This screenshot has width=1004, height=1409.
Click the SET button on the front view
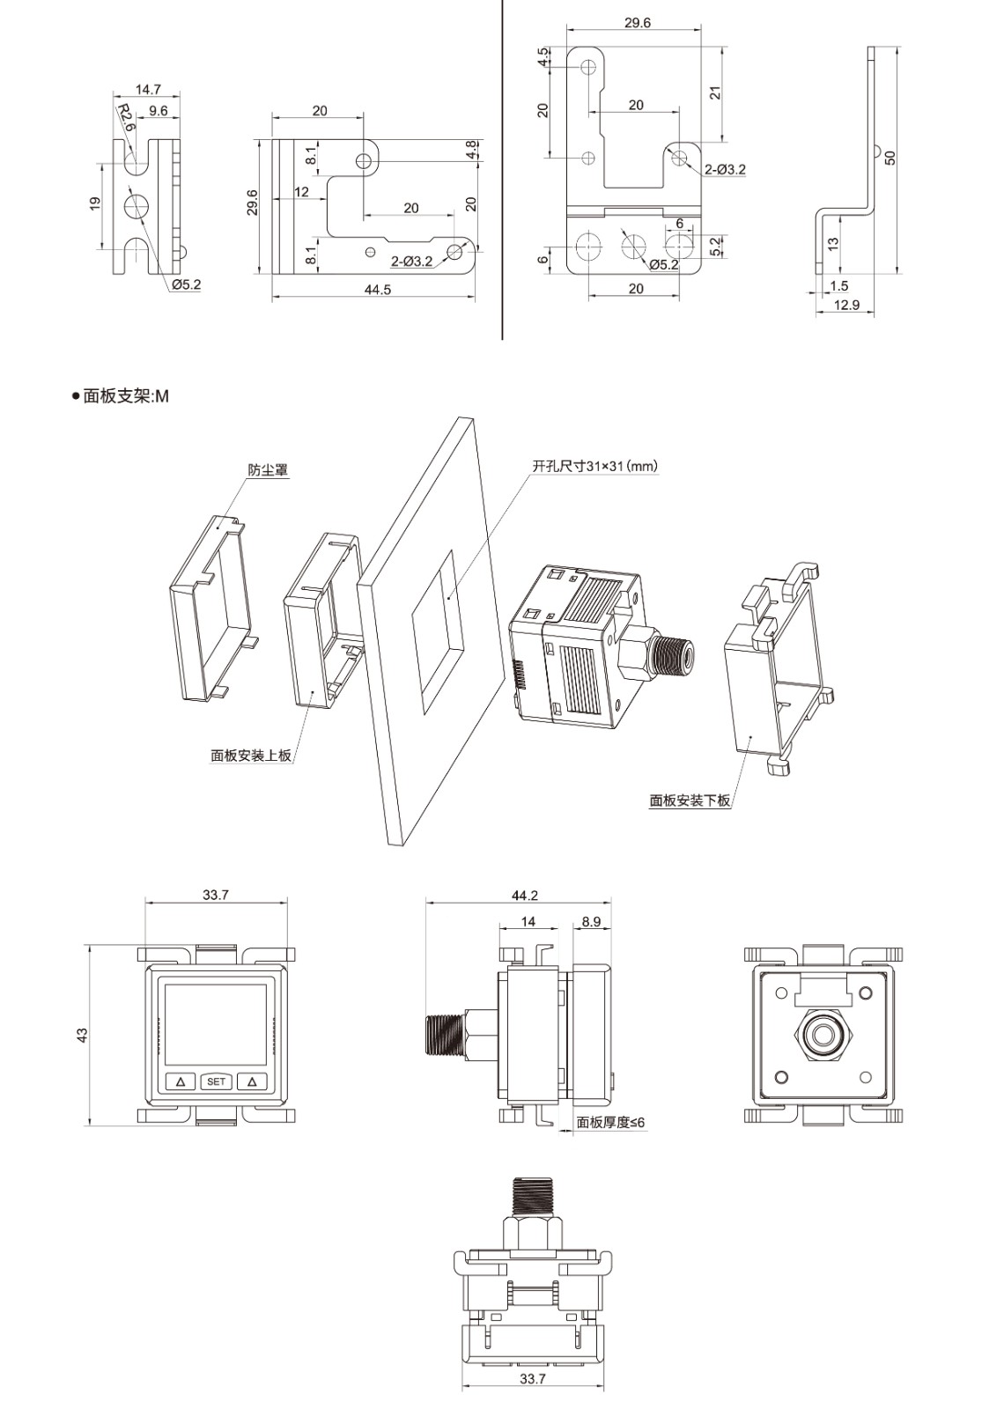(216, 1081)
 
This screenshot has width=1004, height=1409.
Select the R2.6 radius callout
(127, 117)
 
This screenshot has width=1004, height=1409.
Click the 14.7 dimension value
(148, 89)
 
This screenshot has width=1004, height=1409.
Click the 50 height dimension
(890, 158)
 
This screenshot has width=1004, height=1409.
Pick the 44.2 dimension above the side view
(524, 896)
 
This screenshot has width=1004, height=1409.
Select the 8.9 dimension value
(591, 922)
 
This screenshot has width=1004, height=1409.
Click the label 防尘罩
(268, 470)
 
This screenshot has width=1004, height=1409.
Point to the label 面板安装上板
(251, 756)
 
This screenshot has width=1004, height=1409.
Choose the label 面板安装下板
(690, 800)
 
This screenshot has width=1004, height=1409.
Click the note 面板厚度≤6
(610, 1122)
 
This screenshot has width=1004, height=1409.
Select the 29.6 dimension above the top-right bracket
(637, 23)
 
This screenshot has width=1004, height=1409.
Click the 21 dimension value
(716, 92)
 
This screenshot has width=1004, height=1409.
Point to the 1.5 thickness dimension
(838, 285)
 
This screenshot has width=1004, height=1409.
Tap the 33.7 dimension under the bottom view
(532, 1379)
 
